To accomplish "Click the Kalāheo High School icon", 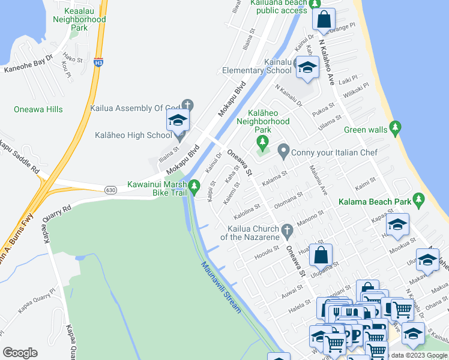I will click(x=178, y=121).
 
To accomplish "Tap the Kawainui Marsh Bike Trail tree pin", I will click(x=193, y=188).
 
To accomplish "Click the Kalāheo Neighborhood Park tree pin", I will click(x=262, y=142).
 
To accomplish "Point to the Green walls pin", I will click(x=394, y=127).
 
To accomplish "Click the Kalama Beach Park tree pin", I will click(x=420, y=199).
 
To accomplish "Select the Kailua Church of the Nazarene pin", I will click(x=287, y=230).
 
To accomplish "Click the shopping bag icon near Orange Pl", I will click(x=324, y=20).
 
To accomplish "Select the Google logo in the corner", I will click(x=20, y=353).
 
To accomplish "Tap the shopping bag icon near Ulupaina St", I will click(x=321, y=256).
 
